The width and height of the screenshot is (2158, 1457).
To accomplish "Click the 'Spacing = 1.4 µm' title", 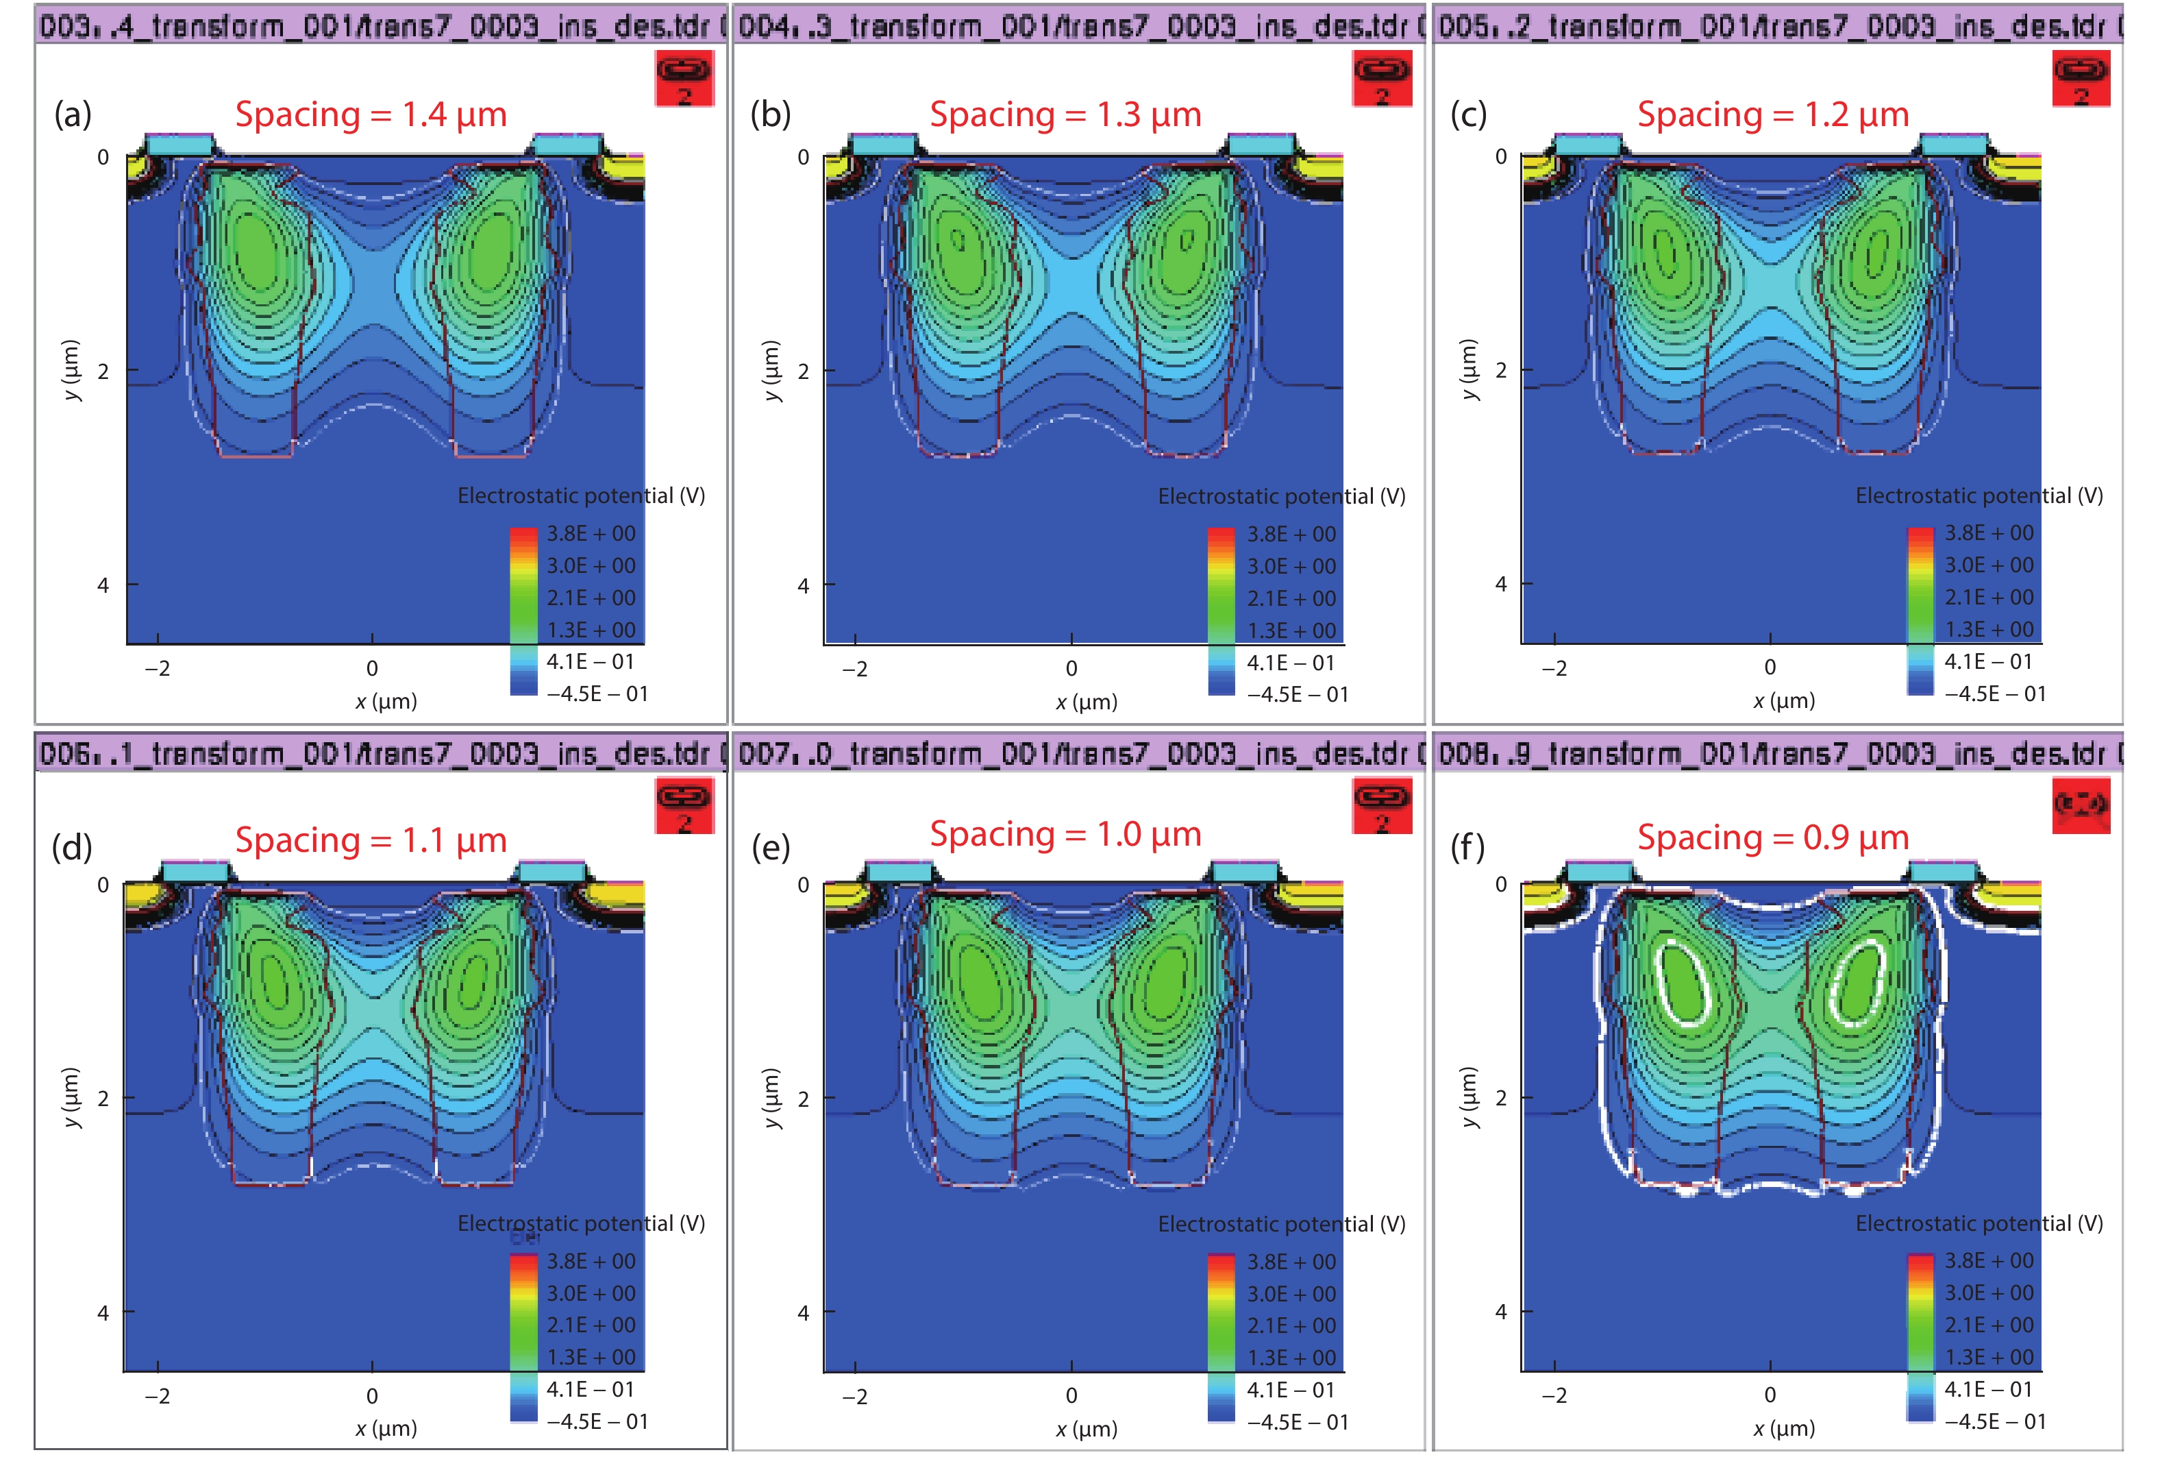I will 371,115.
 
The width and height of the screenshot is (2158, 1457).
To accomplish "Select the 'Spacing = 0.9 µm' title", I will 1773,837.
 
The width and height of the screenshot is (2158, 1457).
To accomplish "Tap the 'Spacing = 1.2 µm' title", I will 1773,115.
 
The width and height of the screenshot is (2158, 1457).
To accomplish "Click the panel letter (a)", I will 73,114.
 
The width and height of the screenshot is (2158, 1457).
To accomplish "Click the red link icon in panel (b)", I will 1382,79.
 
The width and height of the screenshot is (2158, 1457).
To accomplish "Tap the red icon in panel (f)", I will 2081,805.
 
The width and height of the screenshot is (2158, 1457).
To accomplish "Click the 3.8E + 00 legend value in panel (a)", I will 591,534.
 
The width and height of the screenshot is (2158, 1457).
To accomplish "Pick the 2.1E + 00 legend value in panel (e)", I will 1291,1326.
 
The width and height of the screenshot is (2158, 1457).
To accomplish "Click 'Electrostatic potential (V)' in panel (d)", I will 581,1223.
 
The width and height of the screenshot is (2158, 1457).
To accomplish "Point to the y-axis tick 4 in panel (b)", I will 803,586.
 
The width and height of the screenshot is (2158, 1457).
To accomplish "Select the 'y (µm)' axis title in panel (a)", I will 71,371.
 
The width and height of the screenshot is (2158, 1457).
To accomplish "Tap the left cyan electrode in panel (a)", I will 179,145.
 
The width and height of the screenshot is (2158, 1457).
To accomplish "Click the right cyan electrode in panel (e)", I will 1246,871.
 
